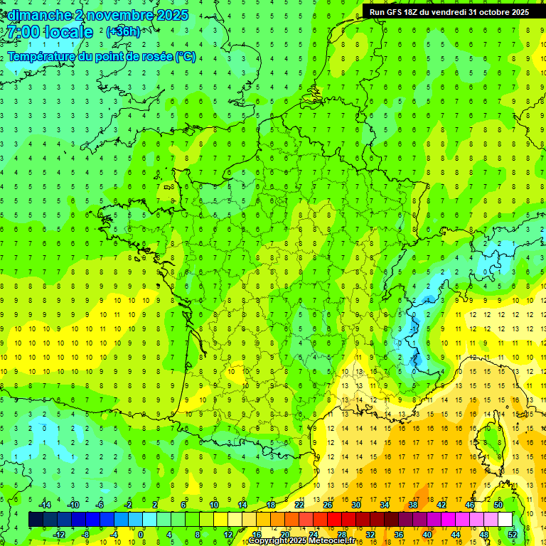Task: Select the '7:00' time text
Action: point(22,32)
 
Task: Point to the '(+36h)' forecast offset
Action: point(123,32)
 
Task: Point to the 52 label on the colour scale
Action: point(513,535)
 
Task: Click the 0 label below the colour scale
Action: point(141,535)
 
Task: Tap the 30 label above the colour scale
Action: point(355,505)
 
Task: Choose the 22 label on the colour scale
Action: point(299,505)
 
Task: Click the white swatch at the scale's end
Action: point(505,520)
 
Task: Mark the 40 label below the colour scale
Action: point(427,535)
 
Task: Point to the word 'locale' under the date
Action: point(68,32)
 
